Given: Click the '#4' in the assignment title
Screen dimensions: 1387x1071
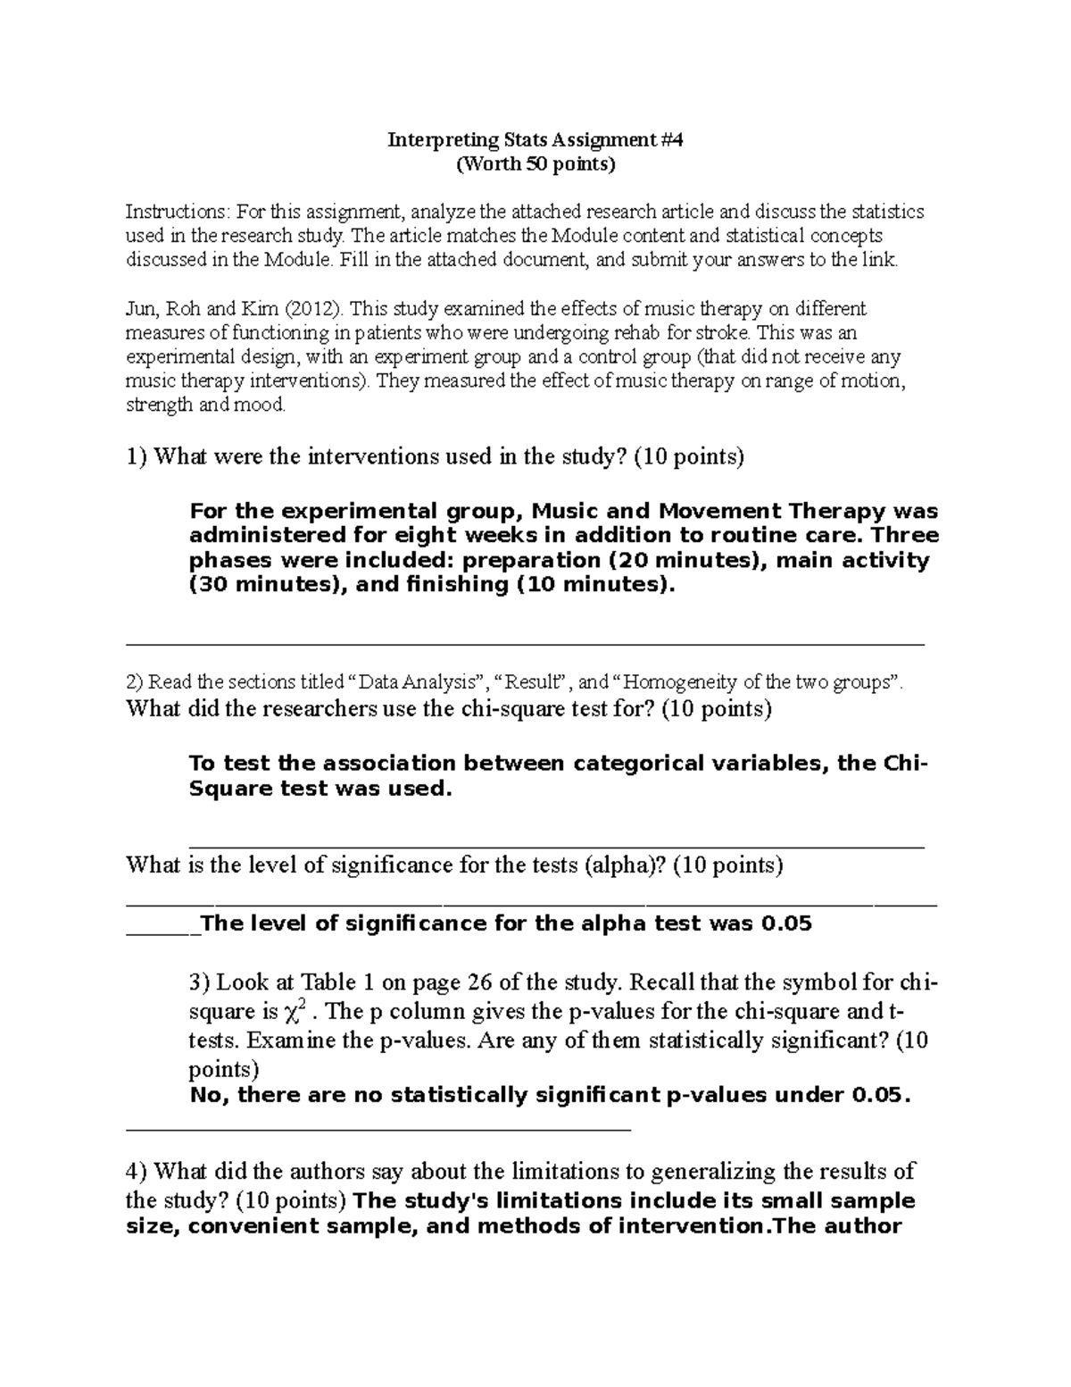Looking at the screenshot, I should (672, 140).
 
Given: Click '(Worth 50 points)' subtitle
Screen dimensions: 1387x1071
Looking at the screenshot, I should (535, 164).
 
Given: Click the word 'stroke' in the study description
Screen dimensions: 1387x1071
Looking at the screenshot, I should (731, 333).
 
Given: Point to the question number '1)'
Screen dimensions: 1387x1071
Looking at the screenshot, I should (137, 457).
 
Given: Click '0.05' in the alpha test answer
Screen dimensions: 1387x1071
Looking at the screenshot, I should (785, 924).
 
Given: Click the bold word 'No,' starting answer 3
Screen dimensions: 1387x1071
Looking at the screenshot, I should (211, 1096).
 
